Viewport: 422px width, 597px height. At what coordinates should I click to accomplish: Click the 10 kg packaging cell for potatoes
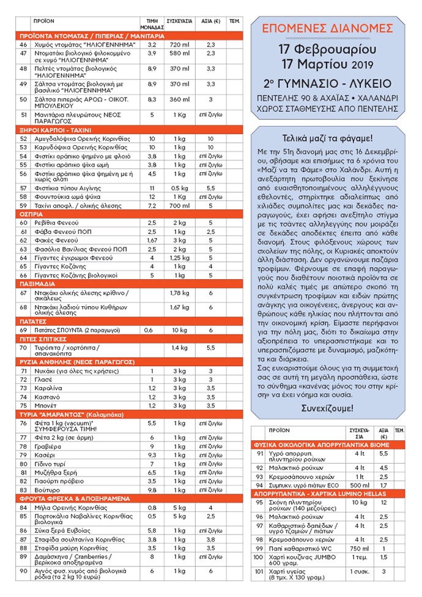tap(180, 329)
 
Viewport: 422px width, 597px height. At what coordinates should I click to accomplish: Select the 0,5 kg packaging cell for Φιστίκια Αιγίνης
tap(180, 187)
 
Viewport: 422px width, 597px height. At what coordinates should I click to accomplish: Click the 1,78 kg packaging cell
tap(180, 293)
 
